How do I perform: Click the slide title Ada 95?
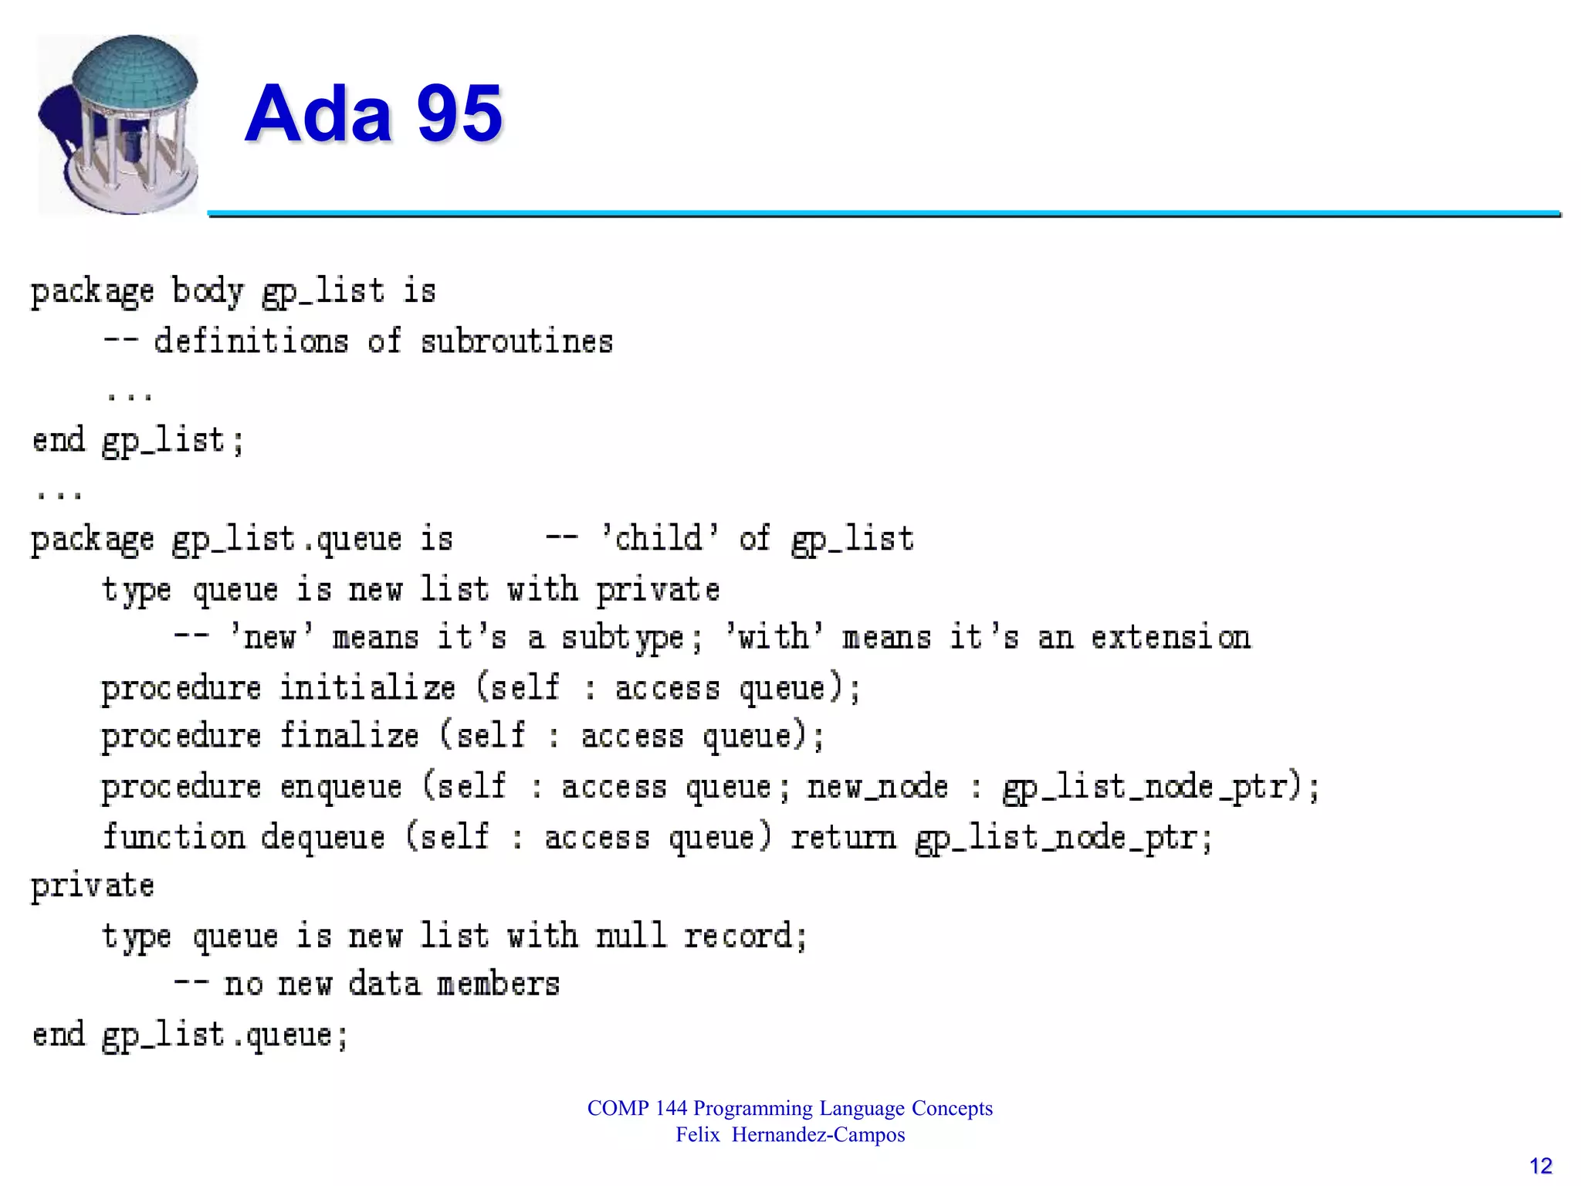(x=374, y=114)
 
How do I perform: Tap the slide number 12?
(x=1540, y=1166)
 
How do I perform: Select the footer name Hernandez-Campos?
(x=818, y=1135)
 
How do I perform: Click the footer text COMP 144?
(x=637, y=1108)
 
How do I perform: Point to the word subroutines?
(x=516, y=342)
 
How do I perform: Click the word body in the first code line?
(x=207, y=292)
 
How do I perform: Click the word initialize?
(x=367, y=687)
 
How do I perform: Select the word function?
(x=174, y=837)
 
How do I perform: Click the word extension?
(x=1170, y=638)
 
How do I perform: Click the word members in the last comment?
(x=498, y=984)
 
